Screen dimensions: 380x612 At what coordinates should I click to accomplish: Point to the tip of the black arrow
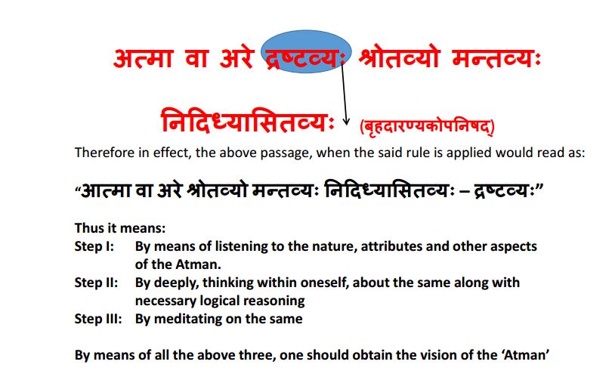click(347, 125)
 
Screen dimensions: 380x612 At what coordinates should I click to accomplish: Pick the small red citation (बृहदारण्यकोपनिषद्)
click(430, 125)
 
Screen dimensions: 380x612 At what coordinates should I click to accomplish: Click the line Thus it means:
click(119, 227)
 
